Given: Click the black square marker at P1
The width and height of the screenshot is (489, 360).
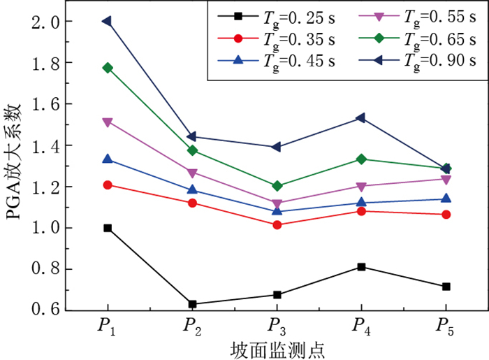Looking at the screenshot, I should point(108,228).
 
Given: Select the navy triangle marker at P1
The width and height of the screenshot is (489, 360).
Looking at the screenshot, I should point(107,21).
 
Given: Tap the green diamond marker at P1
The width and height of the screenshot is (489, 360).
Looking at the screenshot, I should point(108,68).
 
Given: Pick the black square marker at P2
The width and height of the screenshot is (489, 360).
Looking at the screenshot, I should point(192,304).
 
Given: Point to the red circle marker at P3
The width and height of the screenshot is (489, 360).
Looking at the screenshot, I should point(277,225).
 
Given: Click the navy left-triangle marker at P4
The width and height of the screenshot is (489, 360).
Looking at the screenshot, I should point(360,118).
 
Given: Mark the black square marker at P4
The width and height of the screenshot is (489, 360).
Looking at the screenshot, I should point(361,267).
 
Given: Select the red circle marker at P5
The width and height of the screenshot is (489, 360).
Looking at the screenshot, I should point(446,214).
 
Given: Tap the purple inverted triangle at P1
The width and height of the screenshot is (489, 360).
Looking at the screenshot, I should point(108,122).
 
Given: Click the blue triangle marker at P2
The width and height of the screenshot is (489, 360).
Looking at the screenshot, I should point(192,189).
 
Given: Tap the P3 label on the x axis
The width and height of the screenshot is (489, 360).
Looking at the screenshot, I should point(277,327).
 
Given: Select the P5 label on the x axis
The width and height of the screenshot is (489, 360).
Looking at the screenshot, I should point(446,327).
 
